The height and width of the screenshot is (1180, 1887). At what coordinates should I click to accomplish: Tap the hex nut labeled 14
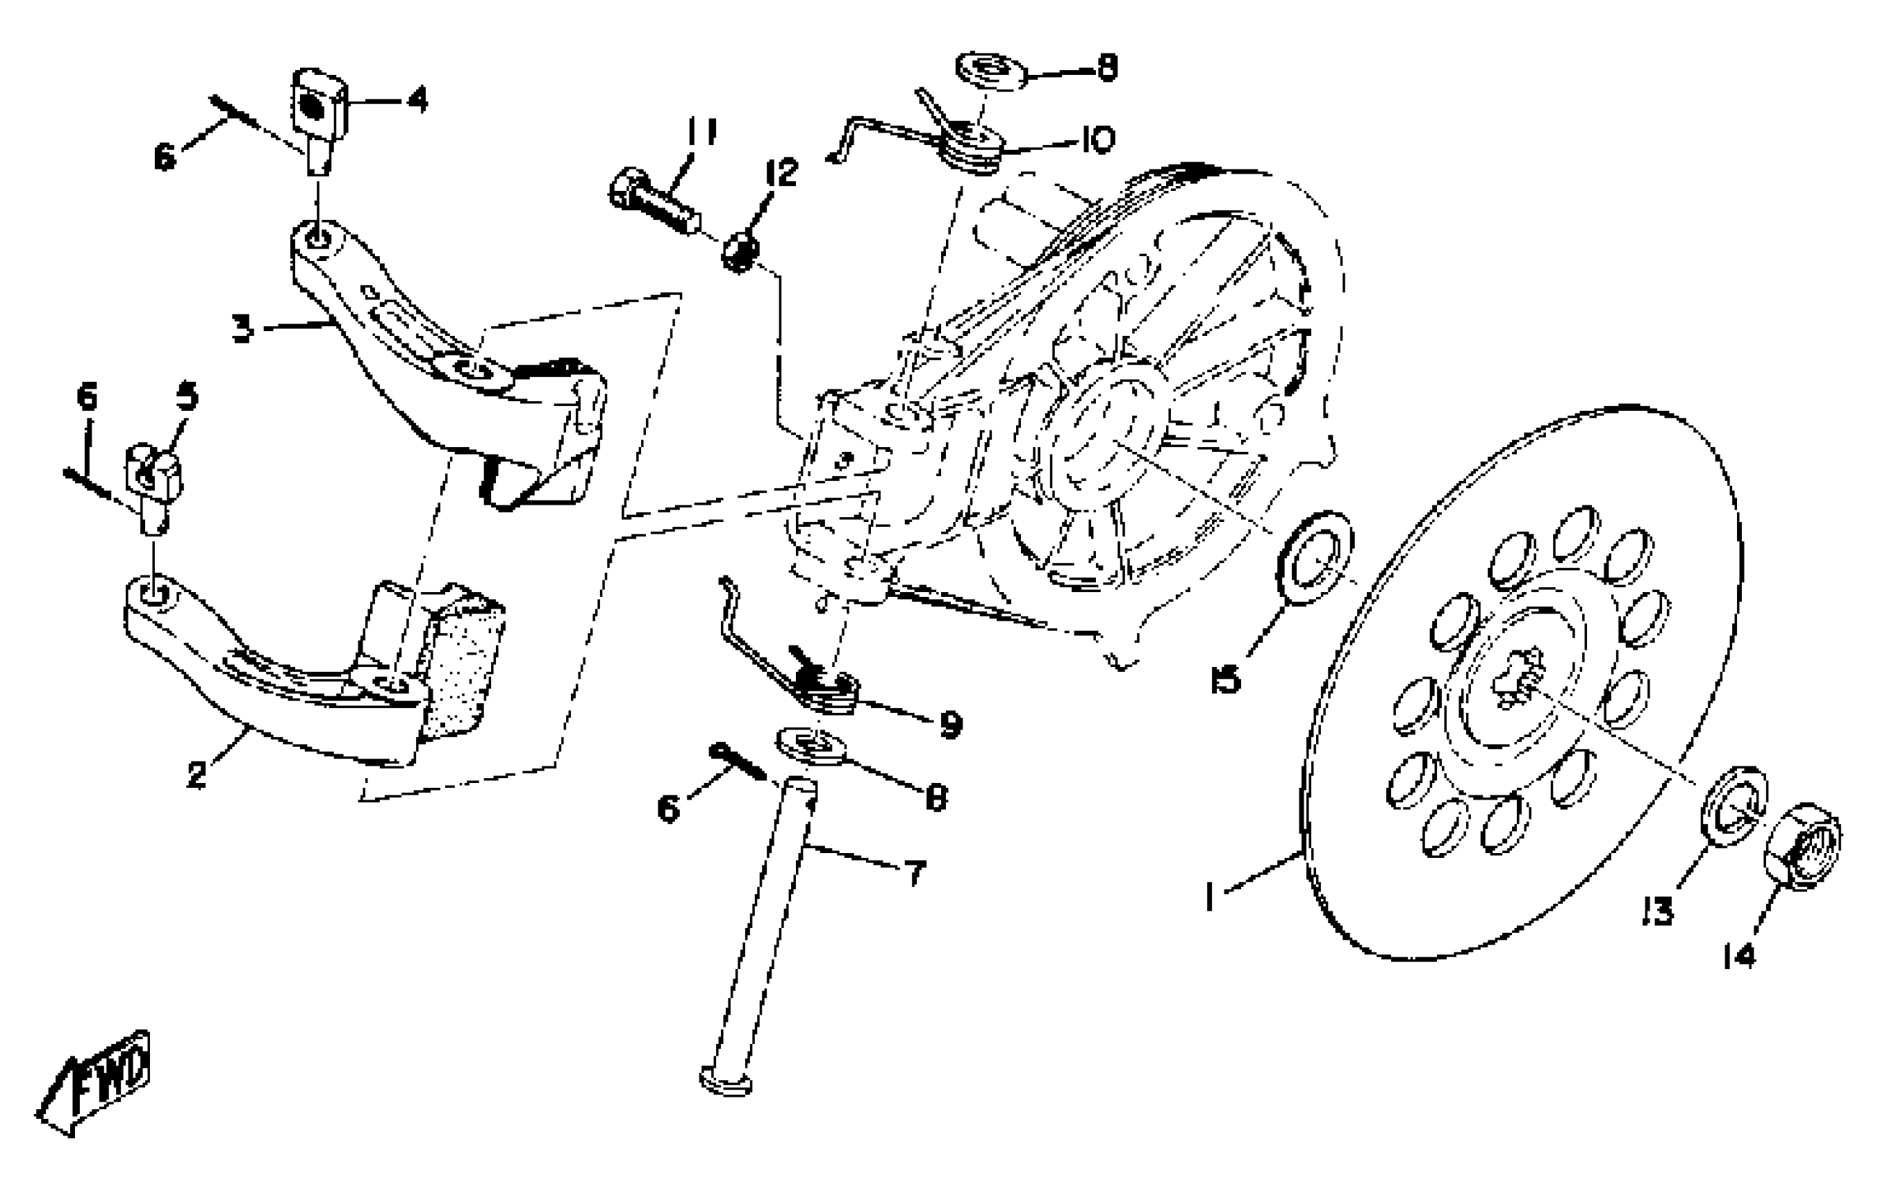[1802, 845]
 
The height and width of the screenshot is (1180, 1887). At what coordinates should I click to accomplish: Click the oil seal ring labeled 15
[1314, 558]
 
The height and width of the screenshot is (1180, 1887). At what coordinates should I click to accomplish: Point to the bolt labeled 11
[653, 201]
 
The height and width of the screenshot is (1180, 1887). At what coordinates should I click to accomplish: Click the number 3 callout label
[243, 328]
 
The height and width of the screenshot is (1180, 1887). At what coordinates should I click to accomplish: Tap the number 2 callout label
[197, 775]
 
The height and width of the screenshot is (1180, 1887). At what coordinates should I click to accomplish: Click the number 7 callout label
[914, 873]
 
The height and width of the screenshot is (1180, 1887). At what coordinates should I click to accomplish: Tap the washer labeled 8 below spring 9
[813, 746]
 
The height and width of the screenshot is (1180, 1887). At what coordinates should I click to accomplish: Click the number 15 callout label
[1227, 680]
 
